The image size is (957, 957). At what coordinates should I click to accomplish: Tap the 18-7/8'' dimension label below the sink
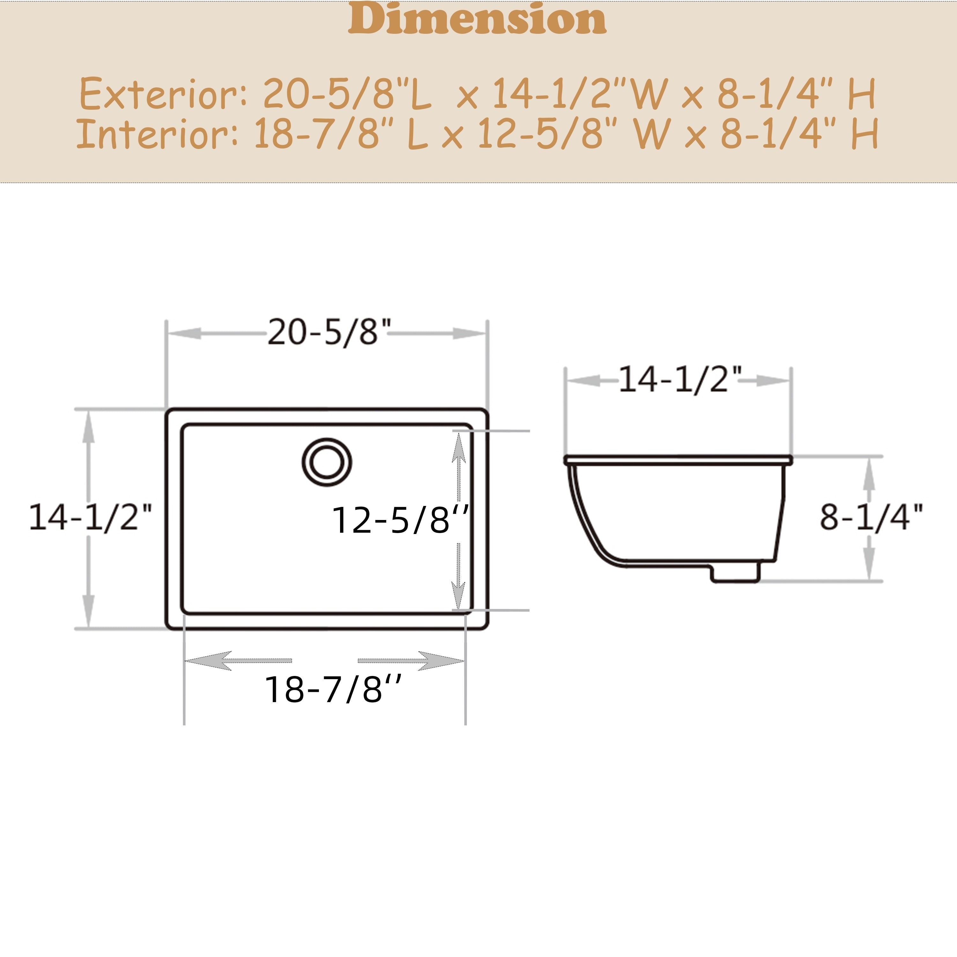[333, 689]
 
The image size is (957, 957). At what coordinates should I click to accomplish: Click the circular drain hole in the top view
[327, 462]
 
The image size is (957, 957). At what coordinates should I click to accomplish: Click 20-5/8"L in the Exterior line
[347, 94]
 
